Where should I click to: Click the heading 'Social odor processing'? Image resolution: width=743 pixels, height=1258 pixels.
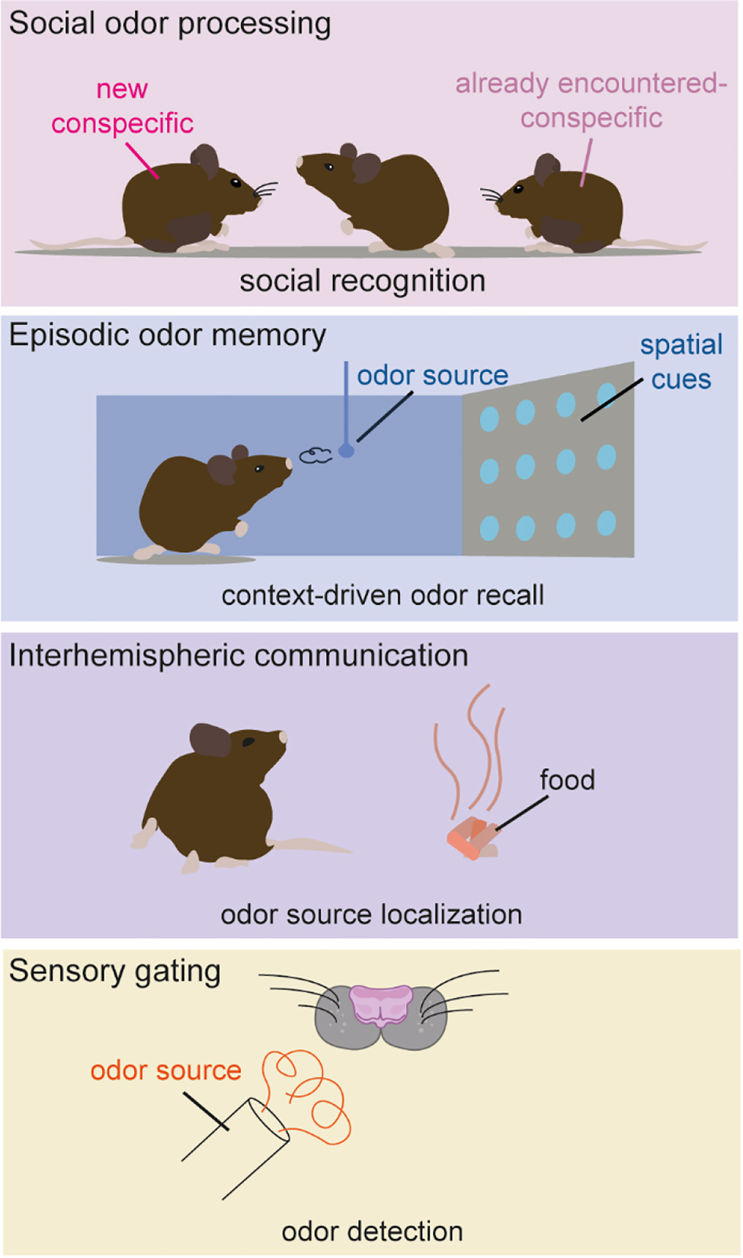click(x=170, y=24)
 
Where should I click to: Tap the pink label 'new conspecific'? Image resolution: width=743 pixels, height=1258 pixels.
click(x=122, y=107)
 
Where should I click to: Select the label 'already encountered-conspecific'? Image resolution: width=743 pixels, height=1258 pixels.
click(x=591, y=101)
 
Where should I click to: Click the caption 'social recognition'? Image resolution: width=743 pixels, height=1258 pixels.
click(x=362, y=281)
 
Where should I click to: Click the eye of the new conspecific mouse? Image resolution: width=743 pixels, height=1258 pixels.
click(x=235, y=183)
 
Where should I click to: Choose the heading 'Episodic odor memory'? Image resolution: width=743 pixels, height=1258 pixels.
click(x=168, y=336)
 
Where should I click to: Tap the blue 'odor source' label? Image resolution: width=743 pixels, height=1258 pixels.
click(x=432, y=376)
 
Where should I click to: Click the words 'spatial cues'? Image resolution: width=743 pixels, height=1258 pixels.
click(x=681, y=363)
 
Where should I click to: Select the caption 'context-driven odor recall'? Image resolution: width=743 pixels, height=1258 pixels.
click(x=383, y=595)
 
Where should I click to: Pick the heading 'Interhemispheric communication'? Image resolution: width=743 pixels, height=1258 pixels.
click(x=239, y=656)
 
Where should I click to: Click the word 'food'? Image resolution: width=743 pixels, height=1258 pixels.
click(x=567, y=780)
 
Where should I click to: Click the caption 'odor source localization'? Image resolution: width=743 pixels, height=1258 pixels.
click(x=371, y=914)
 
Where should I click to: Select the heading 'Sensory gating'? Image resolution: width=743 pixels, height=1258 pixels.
click(x=115, y=972)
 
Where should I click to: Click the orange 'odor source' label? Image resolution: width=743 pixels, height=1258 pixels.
click(x=165, y=1071)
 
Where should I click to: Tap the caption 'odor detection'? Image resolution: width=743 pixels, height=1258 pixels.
click(x=372, y=1231)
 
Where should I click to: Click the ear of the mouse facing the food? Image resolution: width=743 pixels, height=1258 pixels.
click(x=210, y=740)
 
